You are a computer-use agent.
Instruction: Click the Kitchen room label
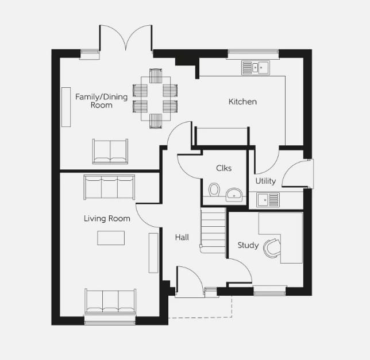pos(242,102)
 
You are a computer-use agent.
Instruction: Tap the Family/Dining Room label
pos(101,100)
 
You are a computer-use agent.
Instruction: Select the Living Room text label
pos(107,218)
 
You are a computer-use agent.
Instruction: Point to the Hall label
pos(182,237)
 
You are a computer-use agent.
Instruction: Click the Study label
pos(248,245)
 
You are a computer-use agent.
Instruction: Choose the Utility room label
pos(265,181)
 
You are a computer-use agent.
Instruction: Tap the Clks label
pos(223,168)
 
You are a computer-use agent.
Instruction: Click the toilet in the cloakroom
pos(214,189)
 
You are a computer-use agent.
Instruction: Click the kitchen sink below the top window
pos(256,67)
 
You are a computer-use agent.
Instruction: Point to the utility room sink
pos(268,199)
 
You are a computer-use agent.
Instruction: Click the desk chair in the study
pos(271,247)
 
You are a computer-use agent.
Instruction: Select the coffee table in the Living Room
pos(111,238)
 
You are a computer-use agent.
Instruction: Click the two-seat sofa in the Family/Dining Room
pos(110,151)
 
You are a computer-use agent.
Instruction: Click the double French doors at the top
pos(126,38)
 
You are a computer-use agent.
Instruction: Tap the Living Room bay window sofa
pos(110,301)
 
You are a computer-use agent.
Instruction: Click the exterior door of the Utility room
pos(299,173)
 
